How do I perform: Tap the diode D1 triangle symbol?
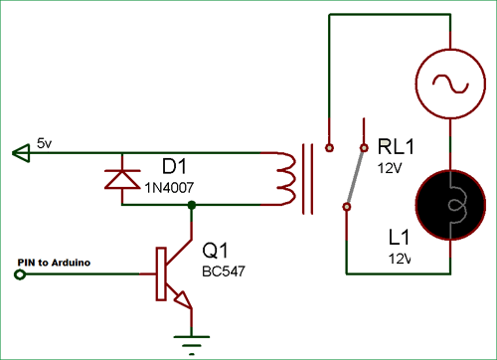pyautogui.click(x=121, y=179)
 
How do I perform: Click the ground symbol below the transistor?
pyautogui.click(x=191, y=338)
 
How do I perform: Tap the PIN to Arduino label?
pyautogui.click(x=54, y=262)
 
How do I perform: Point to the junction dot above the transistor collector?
pyautogui.click(x=191, y=205)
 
